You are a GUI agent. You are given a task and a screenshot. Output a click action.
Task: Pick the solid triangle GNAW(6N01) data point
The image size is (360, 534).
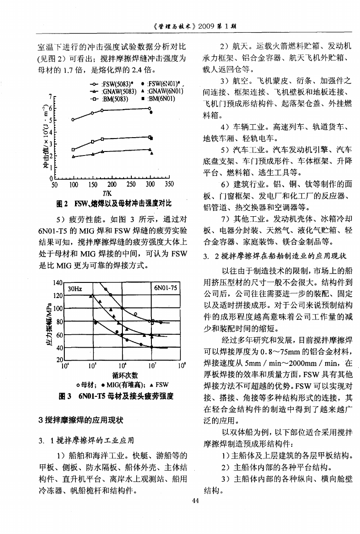coord(152,153)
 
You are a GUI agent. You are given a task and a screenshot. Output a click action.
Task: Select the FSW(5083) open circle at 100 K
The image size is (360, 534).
coord(73,120)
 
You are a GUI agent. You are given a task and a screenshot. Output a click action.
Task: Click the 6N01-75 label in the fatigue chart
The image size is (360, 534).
coord(165,288)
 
